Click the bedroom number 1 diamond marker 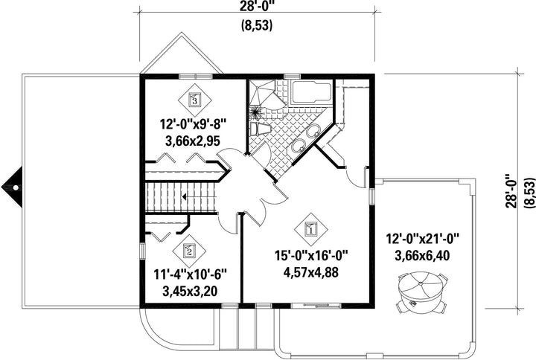pos(311,230)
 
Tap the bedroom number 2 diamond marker pos(189,251)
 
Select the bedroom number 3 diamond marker pos(195,100)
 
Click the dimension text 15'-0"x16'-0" pos(311,256)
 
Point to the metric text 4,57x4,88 pos(311,272)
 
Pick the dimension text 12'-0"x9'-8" pos(194,124)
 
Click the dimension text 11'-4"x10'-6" pos(191,274)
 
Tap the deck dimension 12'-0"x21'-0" pos(423,239)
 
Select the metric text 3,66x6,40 pos(422,255)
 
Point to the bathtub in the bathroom pos(310,92)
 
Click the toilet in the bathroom pos(260,129)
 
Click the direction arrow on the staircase pos(185,197)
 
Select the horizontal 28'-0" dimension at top pos(258,6)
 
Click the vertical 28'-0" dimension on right pos(512,191)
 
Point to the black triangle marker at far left pos(13,187)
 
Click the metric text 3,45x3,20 pos(190,291)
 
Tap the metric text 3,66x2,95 pos(193,141)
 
